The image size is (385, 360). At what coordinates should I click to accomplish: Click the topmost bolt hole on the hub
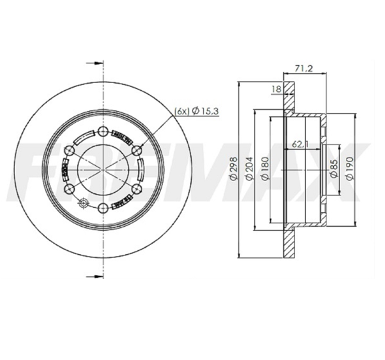104,130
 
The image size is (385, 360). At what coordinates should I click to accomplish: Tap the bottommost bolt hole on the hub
104,208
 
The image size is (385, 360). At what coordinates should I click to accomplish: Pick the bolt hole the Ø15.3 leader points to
138,150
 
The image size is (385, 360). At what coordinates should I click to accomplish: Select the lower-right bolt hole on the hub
138,188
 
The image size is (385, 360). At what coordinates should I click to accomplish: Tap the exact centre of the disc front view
104,169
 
